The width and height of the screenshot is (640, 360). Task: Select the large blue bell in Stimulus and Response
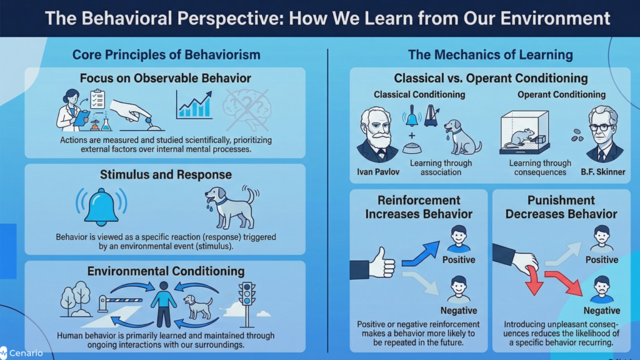click(x=101, y=206)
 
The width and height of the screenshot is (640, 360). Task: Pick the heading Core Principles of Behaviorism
click(x=166, y=54)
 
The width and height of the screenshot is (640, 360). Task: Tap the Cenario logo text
click(x=26, y=353)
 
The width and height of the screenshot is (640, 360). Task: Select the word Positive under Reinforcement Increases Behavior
click(x=459, y=259)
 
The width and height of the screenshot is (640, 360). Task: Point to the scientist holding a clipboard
click(x=71, y=110)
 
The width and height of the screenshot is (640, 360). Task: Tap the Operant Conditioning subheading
click(x=561, y=94)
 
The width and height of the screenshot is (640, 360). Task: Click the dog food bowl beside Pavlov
click(x=411, y=148)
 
